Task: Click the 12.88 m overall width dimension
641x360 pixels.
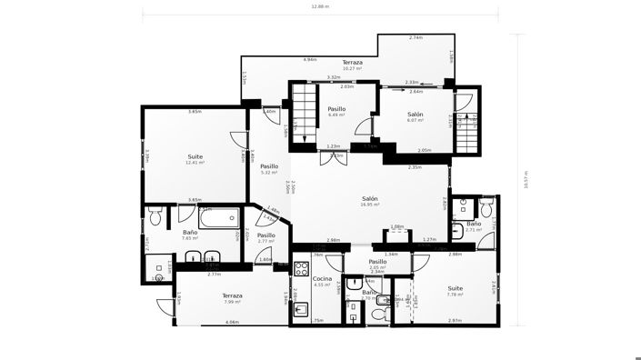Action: tap(320, 6)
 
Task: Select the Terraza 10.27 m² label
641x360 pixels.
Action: tap(352, 65)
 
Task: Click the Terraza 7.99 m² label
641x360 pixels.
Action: tap(233, 298)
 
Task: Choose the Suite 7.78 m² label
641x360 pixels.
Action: tap(455, 291)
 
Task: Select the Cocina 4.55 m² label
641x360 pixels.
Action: tap(322, 281)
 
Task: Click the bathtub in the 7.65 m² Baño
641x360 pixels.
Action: tap(218, 217)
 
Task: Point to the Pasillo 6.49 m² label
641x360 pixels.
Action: tap(336, 112)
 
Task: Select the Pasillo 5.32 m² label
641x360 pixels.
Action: tap(269, 169)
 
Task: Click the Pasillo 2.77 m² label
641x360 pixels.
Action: tap(265, 238)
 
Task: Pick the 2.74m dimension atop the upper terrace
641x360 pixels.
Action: tap(415, 38)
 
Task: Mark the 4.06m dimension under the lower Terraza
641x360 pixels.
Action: tap(232, 322)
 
